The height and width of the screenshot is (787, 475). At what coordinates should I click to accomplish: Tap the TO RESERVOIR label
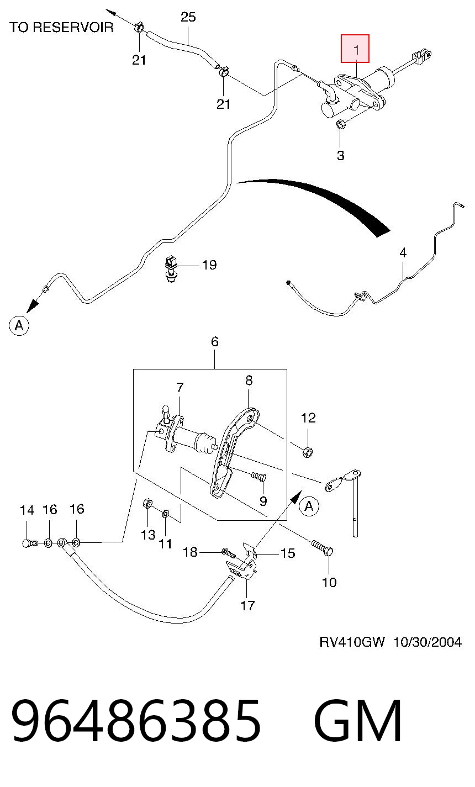coord(61,27)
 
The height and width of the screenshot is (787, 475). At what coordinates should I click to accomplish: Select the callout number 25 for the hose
coord(188,17)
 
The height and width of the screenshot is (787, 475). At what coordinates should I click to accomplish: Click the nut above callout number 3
coord(340,124)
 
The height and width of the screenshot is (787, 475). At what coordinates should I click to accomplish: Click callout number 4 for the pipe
coord(403,252)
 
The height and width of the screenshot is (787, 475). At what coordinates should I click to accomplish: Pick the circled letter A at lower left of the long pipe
coord(19,325)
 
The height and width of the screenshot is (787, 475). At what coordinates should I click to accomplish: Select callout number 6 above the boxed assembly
coord(215,341)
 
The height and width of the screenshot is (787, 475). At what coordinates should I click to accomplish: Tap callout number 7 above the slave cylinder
coord(180,387)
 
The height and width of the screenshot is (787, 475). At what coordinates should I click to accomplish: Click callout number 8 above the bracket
coord(249,380)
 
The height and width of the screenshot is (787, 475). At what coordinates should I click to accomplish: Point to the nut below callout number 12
coord(307,452)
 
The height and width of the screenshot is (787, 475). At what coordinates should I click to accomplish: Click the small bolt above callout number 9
coord(258,477)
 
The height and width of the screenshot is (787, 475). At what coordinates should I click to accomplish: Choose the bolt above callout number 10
coord(322,548)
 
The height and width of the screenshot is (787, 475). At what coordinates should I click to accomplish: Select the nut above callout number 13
coord(147,504)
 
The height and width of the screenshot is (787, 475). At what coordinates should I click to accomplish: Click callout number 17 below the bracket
coord(247,605)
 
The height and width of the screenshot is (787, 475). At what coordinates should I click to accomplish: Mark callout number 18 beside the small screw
coord(191,552)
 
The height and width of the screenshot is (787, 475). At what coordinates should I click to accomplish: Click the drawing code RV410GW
coord(352,642)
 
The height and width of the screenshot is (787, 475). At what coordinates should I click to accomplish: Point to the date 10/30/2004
coord(427,642)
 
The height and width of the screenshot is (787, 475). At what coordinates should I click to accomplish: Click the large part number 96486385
coord(136,720)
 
